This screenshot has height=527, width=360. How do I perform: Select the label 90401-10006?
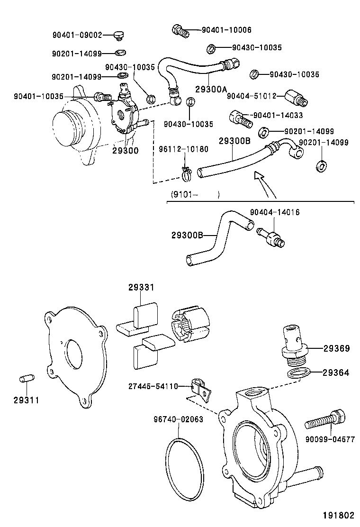tap(226, 30)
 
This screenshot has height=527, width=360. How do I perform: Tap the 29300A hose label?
tap(211, 89)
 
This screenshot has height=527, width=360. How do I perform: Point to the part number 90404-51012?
tap(251, 96)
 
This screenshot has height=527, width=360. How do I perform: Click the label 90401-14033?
tap(278, 115)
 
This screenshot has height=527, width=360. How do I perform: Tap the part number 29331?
tap(141, 287)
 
